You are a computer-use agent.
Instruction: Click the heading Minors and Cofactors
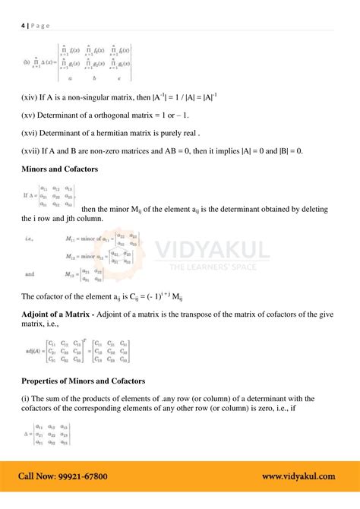point(59,169)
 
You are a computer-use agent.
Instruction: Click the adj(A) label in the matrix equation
point(33,351)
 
